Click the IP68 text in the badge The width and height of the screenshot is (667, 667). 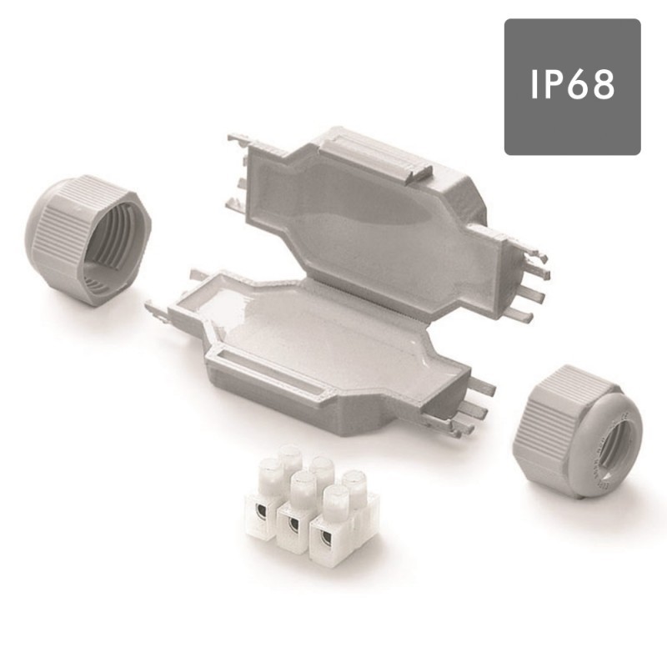[x=572, y=85]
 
